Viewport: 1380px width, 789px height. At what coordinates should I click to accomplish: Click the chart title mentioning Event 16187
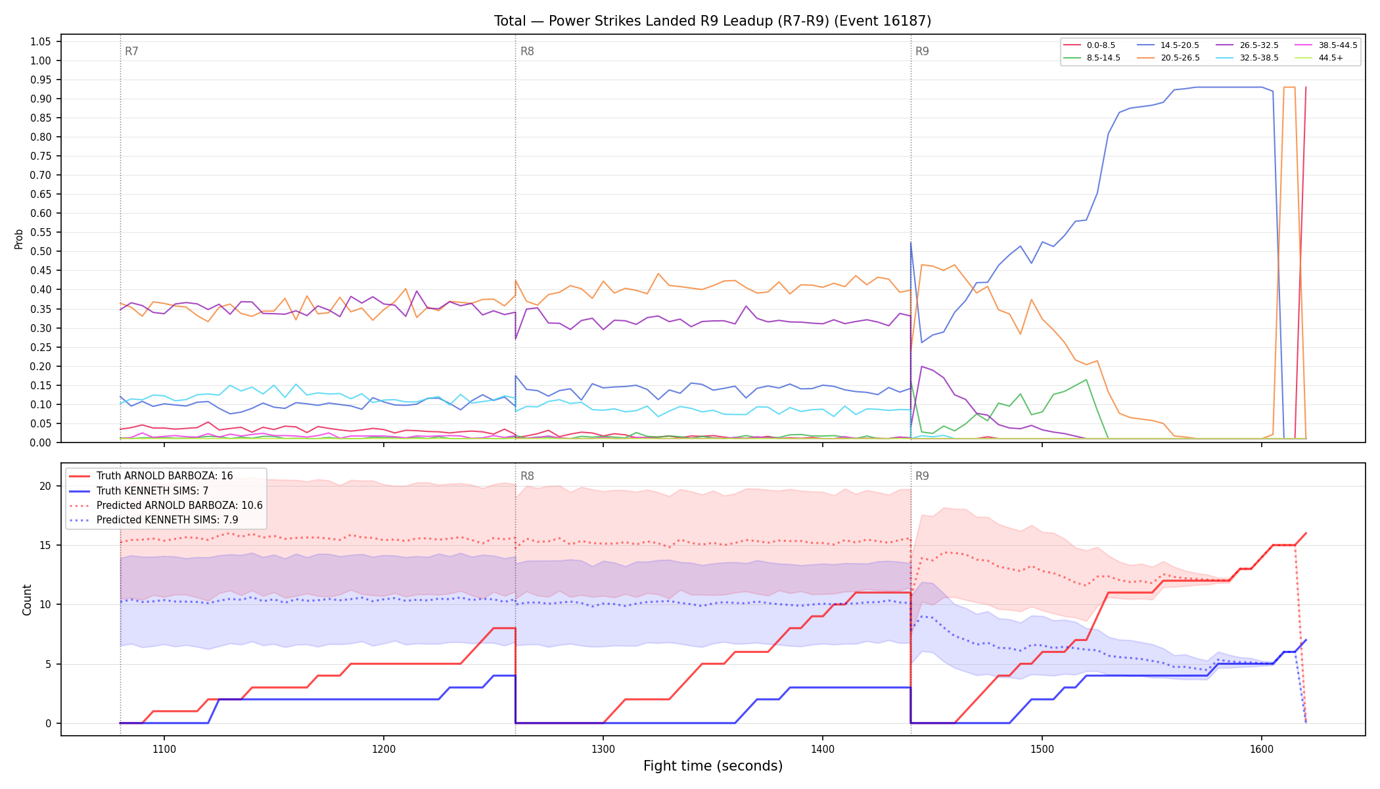(712, 21)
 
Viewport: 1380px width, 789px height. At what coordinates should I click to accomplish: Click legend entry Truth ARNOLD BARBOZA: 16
(164, 476)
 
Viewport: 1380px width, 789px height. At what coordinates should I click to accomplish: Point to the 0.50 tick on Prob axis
(40, 251)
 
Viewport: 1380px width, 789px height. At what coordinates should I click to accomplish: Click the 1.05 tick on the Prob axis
(40, 41)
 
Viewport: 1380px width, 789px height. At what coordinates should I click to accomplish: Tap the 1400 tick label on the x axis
(823, 749)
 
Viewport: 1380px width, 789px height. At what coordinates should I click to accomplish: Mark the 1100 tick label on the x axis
(164, 749)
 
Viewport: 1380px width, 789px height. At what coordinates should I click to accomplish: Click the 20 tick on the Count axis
(45, 486)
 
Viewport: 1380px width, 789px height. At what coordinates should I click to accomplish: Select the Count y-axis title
(27, 600)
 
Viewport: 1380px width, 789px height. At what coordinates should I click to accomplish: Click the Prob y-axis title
(18, 239)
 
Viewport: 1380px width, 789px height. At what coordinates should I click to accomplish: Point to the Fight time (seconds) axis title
(713, 766)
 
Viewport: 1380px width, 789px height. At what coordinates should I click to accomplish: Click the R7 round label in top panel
(131, 51)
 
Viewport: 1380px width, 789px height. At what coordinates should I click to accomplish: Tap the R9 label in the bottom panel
(922, 476)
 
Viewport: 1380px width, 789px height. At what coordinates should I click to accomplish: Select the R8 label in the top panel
(527, 51)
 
